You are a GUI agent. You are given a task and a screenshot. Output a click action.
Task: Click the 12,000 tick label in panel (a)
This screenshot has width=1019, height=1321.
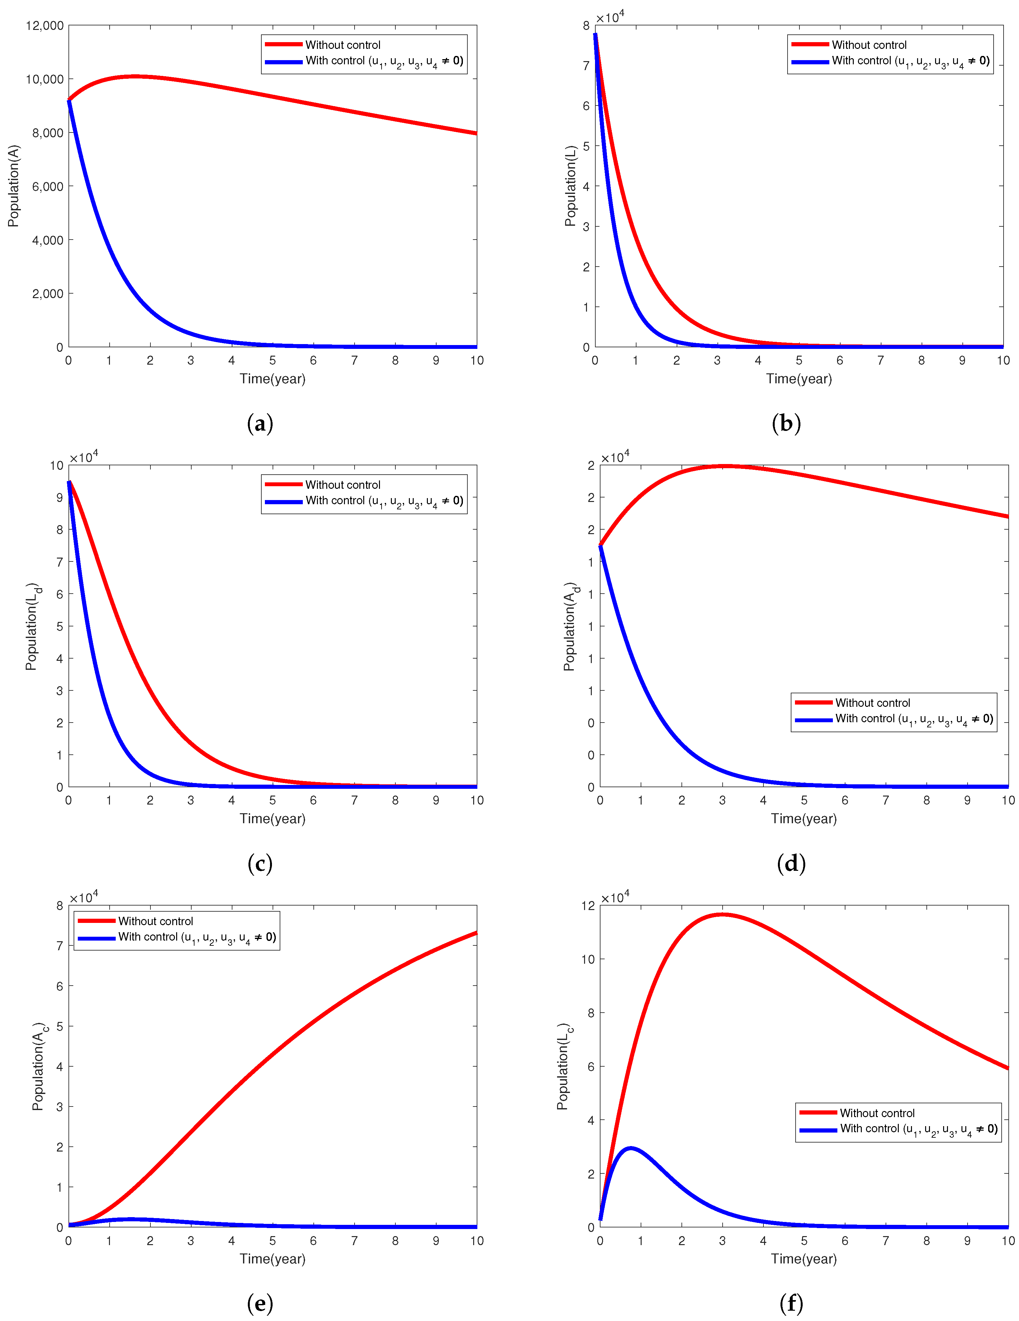tap(44, 25)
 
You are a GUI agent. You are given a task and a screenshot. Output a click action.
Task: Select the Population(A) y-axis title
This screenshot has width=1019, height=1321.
tap(13, 186)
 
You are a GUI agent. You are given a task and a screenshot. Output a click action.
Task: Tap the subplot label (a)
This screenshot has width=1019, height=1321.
tap(260, 423)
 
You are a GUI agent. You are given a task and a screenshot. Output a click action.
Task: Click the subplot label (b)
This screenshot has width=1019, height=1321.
tap(786, 423)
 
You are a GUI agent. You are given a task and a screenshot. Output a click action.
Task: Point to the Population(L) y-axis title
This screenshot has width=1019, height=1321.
tap(570, 186)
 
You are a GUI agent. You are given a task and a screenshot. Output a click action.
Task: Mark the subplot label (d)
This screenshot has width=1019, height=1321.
tap(791, 863)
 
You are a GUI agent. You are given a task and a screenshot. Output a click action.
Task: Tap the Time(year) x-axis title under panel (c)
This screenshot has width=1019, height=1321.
tap(272, 818)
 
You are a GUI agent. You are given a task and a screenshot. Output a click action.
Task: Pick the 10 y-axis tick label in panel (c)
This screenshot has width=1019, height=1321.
tap(56, 465)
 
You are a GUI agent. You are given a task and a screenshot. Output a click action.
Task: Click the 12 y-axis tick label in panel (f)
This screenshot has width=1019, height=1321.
tap(588, 906)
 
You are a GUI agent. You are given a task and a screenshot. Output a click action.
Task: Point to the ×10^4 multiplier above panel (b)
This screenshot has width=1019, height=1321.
tap(609, 17)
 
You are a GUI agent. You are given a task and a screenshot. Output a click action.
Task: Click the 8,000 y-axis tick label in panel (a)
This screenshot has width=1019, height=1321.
tap(47, 132)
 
